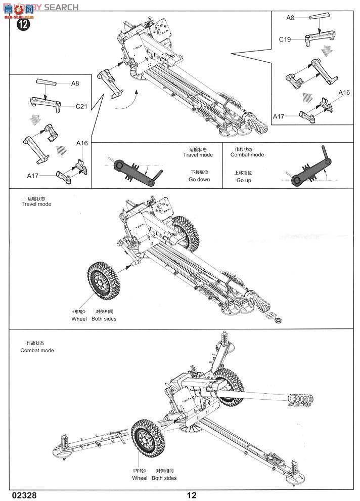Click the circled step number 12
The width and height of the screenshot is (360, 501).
pyautogui.click(x=23, y=24)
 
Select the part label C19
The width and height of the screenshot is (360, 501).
pyautogui.click(x=285, y=39)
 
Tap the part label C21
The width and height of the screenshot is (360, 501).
pyautogui.click(x=82, y=106)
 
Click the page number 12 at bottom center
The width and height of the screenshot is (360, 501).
pyautogui.click(x=191, y=495)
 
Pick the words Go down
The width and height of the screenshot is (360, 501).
pyautogui.click(x=199, y=180)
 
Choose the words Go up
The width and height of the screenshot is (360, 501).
pyautogui.click(x=243, y=180)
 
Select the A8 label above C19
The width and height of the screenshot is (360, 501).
pyautogui.click(x=290, y=17)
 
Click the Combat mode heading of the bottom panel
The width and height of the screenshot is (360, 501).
pyautogui.click(x=37, y=350)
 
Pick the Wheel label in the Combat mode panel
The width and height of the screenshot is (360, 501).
pyautogui.click(x=140, y=478)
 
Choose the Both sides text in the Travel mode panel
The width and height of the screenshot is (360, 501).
pyautogui.click(x=104, y=319)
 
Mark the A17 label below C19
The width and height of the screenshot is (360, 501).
pyautogui.click(x=279, y=116)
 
